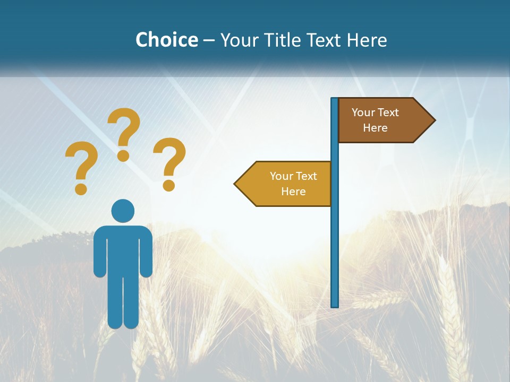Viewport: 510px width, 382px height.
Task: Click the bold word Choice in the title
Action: [x=166, y=40]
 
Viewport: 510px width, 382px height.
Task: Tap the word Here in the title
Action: [x=367, y=40]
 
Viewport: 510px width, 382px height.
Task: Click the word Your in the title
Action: [x=239, y=40]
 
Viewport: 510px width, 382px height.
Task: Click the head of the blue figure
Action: [x=123, y=211]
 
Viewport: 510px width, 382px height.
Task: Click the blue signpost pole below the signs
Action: [x=335, y=255]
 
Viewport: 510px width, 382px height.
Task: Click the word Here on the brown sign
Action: [x=375, y=128]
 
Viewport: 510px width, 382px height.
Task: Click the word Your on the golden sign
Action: [x=282, y=176]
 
